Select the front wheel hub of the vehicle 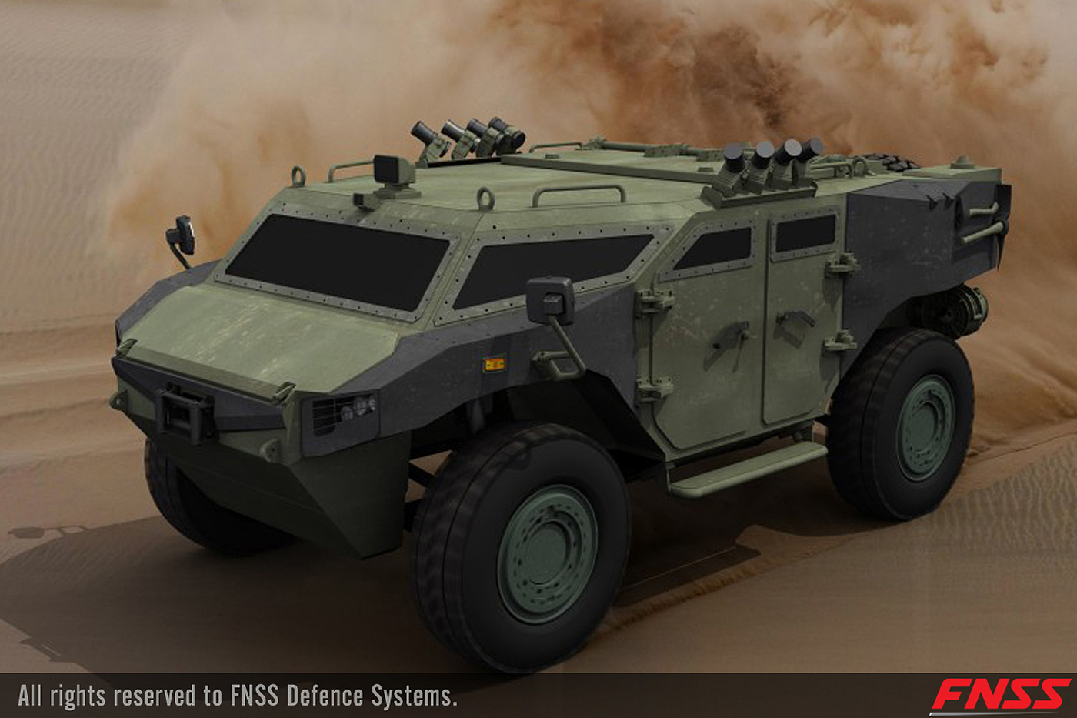click(547, 553)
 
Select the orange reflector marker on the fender click(494, 364)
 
